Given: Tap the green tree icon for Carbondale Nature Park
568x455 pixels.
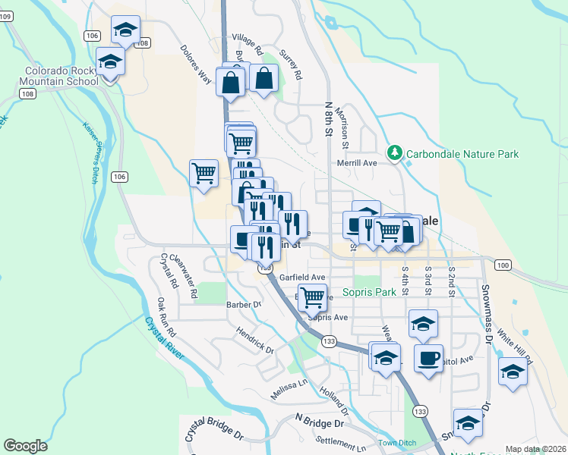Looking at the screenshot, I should tap(394, 153).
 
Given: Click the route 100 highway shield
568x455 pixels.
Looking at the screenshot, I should tap(501, 265).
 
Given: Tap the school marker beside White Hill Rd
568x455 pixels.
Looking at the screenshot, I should tap(513, 371).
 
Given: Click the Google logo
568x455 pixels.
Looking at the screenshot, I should tap(25, 446).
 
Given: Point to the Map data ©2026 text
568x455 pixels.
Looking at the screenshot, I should tap(535, 449).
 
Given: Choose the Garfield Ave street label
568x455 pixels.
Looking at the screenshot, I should tap(301, 278).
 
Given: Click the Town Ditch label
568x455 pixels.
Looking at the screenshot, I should tap(396, 442).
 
